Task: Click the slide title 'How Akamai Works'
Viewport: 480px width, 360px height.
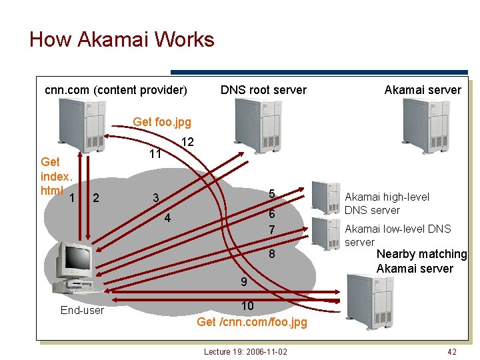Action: point(122,39)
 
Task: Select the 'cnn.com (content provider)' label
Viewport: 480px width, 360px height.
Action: point(115,90)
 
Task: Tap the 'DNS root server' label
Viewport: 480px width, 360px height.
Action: point(263,90)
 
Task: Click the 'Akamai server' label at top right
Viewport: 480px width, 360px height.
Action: point(422,90)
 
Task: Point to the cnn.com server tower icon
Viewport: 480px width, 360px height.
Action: point(81,125)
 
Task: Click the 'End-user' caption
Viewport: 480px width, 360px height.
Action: point(82,310)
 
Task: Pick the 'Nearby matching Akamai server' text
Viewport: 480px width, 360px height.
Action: point(421,261)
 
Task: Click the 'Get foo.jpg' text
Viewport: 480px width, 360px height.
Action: point(162,122)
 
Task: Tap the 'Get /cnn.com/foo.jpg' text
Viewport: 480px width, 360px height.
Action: point(252,322)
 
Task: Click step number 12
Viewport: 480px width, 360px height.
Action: point(187,142)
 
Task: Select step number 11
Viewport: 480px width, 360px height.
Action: point(155,154)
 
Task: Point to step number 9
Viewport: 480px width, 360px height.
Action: point(244,282)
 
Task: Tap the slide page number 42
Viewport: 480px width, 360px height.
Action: point(452,351)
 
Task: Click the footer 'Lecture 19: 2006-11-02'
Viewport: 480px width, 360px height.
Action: point(245,351)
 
